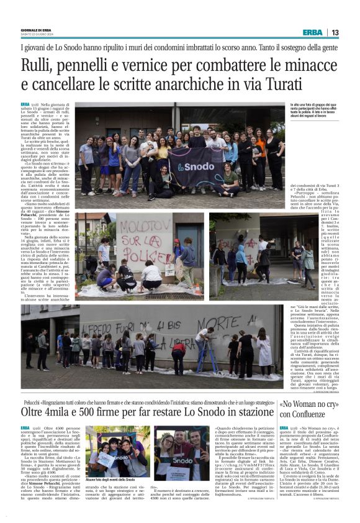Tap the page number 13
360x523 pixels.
point(335,32)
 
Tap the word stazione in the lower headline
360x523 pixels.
point(252,411)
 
